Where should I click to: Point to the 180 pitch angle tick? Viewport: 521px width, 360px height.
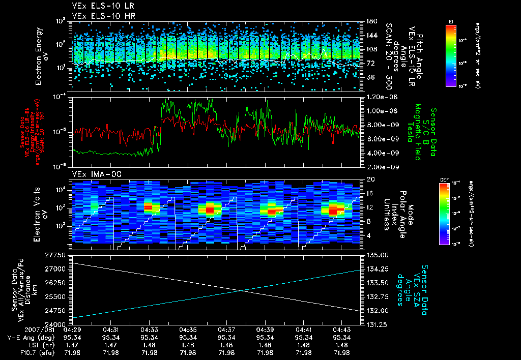pos(368,21)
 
